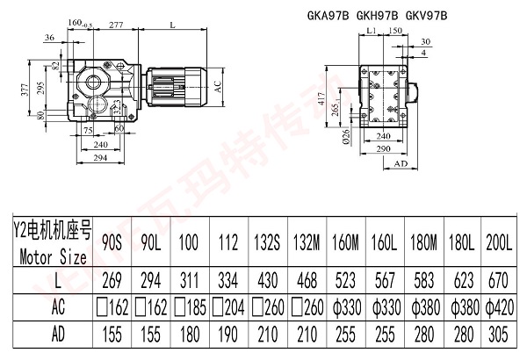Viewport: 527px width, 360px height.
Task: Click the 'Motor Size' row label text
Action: [51, 257]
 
